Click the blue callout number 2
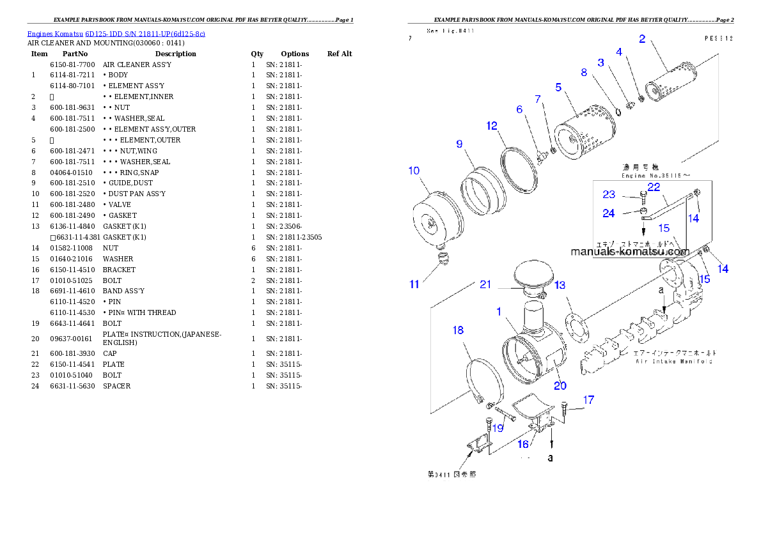pos(641,38)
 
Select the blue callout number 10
pos(414,170)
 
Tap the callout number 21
pos(485,284)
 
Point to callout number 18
pos(458,330)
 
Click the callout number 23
pos(608,195)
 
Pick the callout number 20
pos(560,385)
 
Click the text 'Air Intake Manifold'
pos(674,361)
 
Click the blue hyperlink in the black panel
pos(116,34)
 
